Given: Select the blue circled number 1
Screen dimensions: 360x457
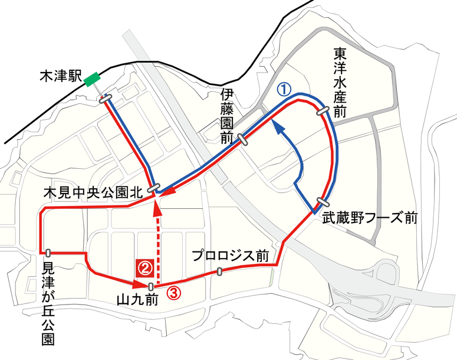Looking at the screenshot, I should pos(284,89).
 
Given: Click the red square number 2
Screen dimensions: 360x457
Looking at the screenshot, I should pos(146,268).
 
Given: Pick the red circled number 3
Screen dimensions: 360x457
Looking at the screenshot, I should pos(173,291).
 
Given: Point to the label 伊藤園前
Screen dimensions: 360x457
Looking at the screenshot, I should pos(227,117).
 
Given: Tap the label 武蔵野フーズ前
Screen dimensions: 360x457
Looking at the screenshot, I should pos(370,219).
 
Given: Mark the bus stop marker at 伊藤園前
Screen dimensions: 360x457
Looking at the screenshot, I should pos(242,139).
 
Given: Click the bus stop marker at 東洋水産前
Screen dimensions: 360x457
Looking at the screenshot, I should pos(323,110).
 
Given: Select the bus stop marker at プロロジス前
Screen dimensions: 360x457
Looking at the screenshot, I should pos(219,271).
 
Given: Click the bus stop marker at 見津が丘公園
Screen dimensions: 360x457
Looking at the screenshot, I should pos(47,252).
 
